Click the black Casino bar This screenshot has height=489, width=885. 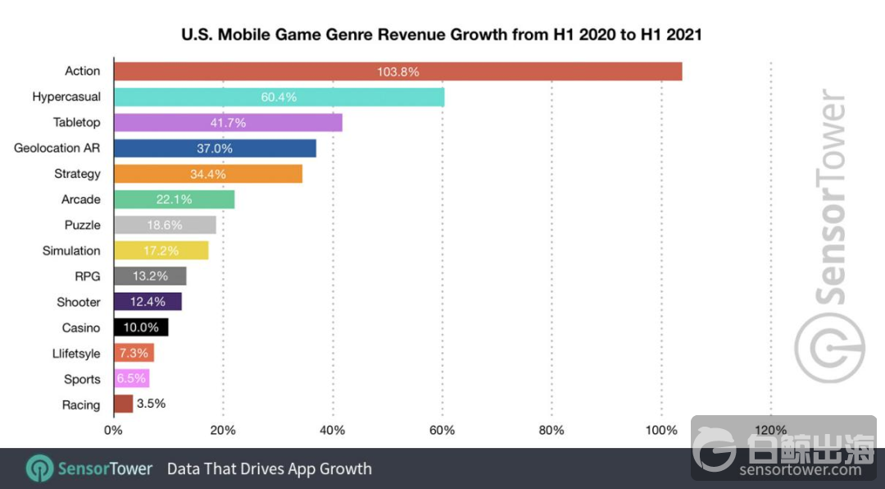pos(141,327)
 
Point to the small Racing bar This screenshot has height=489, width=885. pos(124,404)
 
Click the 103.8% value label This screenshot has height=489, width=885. pos(398,71)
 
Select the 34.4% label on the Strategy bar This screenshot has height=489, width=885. pos(208,174)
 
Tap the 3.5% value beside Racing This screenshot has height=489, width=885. pos(152,404)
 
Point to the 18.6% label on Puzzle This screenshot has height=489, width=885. pos(165,225)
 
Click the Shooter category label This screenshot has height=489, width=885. pos(79,302)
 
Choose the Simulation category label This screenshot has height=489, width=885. pos(71,250)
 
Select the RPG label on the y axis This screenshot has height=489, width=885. pos(88,276)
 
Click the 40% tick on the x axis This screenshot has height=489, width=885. pos(333,430)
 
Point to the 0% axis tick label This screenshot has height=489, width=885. pos(113,430)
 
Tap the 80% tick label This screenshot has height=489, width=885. pos(551,430)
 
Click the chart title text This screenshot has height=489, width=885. pos(441,35)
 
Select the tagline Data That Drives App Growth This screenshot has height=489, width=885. pos(270,469)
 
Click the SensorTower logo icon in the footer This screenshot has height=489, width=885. pos(39,469)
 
